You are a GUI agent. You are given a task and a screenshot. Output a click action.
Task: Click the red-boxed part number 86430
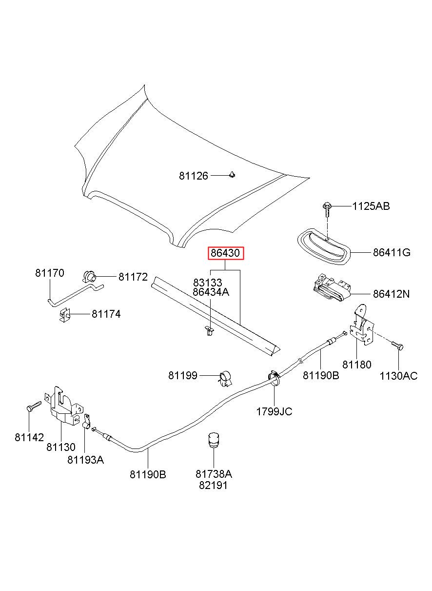click(x=226, y=253)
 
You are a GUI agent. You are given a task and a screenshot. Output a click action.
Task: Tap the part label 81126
click(x=194, y=176)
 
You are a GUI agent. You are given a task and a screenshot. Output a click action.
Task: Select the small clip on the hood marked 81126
click(x=232, y=175)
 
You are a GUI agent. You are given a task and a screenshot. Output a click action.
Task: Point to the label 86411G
click(x=392, y=252)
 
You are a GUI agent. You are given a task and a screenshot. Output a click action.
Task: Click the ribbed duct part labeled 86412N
click(x=332, y=287)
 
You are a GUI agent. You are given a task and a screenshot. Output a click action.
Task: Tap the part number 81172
click(x=133, y=277)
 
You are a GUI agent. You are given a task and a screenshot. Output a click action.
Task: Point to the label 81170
click(x=50, y=273)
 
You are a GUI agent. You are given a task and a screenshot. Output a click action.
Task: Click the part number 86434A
click(x=211, y=292)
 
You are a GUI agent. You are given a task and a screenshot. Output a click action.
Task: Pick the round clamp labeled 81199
click(x=225, y=379)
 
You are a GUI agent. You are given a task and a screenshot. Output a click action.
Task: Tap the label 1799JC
click(x=274, y=411)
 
